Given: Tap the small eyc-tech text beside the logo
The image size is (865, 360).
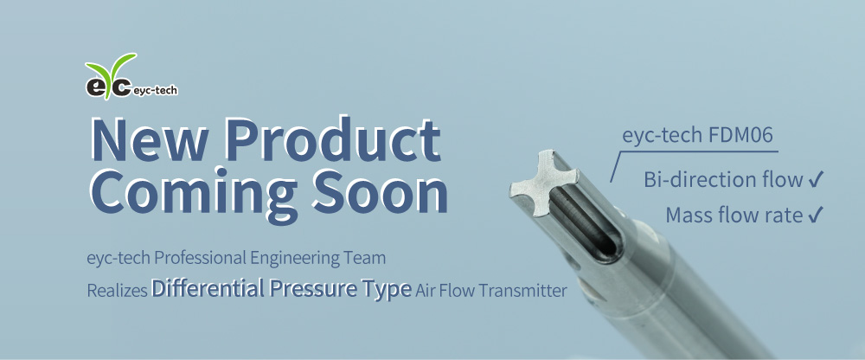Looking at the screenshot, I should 156,88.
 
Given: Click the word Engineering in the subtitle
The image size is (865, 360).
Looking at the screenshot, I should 296,258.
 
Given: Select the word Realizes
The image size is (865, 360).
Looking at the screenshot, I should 117,291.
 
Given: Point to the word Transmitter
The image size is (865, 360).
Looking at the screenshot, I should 519,291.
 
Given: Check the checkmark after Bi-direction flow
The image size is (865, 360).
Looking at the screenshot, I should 815,180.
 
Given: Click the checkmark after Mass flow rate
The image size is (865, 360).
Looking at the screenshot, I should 815,215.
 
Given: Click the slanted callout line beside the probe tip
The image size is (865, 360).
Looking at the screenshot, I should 616,165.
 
